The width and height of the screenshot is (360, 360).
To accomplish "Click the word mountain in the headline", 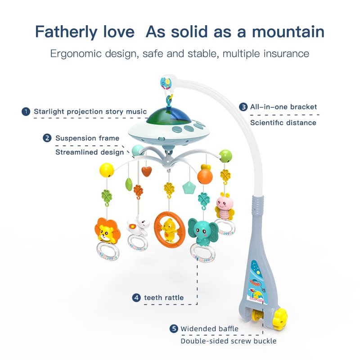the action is tap(288, 31).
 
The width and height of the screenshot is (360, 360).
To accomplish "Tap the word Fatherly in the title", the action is tap(66, 32).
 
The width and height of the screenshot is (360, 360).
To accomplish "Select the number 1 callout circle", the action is tap(26, 112).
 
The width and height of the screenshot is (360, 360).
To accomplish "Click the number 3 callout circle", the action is tap(243, 107).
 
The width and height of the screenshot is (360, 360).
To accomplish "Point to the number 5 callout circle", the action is tap(174, 328).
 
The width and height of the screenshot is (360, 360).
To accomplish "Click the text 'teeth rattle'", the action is tap(164, 298).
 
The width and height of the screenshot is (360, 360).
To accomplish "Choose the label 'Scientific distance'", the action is tap(283, 123).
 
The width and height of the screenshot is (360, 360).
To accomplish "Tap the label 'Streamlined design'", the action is tap(90, 152).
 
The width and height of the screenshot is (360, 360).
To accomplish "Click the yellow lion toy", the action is tap(107, 231).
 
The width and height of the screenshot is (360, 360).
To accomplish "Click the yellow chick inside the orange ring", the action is tap(170, 230).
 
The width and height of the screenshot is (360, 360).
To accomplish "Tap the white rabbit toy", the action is tap(138, 225).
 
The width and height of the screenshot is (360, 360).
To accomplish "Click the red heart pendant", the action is tap(147, 171).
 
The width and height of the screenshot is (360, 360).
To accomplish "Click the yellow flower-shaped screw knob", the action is tap(280, 316).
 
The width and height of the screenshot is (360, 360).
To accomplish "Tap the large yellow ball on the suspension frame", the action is tap(107, 170).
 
